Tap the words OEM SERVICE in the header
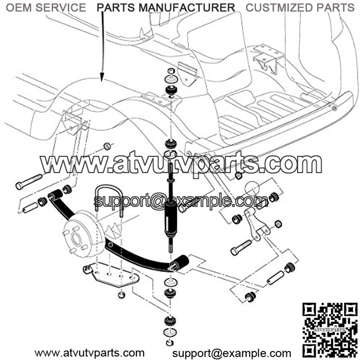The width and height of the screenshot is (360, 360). (x=47, y=8)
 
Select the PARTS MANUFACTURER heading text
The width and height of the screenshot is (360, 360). (x=166, y=8)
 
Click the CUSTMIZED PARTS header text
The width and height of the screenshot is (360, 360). (x=300, y=8)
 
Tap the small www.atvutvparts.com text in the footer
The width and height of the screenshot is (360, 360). (x=90, y=353)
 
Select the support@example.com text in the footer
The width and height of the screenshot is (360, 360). (x=232, y=353)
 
